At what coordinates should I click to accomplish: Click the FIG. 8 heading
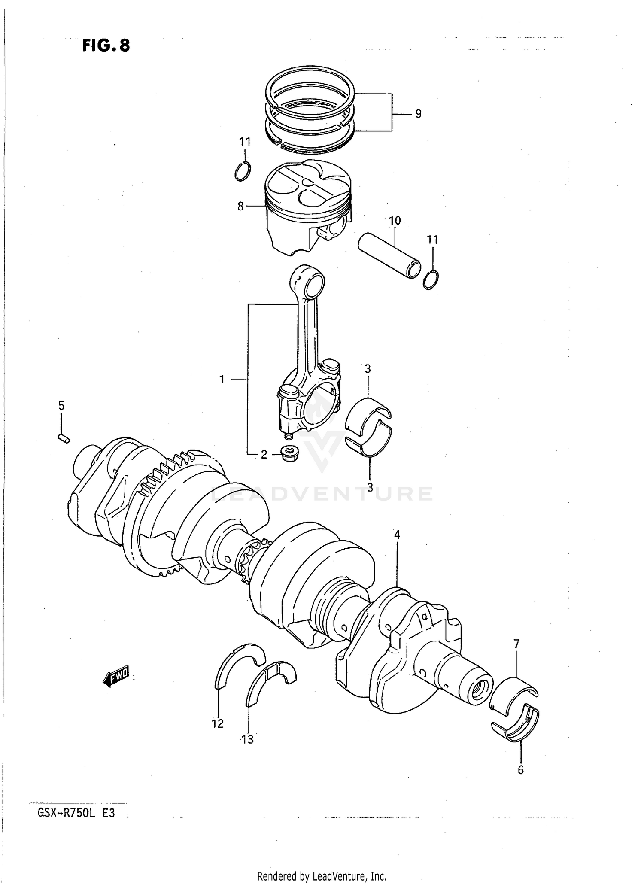tap(106, 45)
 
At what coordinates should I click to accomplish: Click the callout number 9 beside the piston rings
tap(418, 114)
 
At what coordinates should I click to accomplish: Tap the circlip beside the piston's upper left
tap(243, 171)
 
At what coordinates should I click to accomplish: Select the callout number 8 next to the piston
tap(240, 207)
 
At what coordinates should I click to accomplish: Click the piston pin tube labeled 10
tap(389, 255)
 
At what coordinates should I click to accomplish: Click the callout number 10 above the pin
tap(394, 221)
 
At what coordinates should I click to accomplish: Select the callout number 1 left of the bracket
tap(222, 380)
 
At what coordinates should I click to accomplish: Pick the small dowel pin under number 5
tap(63, 438)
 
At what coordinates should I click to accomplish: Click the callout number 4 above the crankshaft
tap(397, 535)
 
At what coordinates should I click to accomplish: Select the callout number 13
tap(248, 739)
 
